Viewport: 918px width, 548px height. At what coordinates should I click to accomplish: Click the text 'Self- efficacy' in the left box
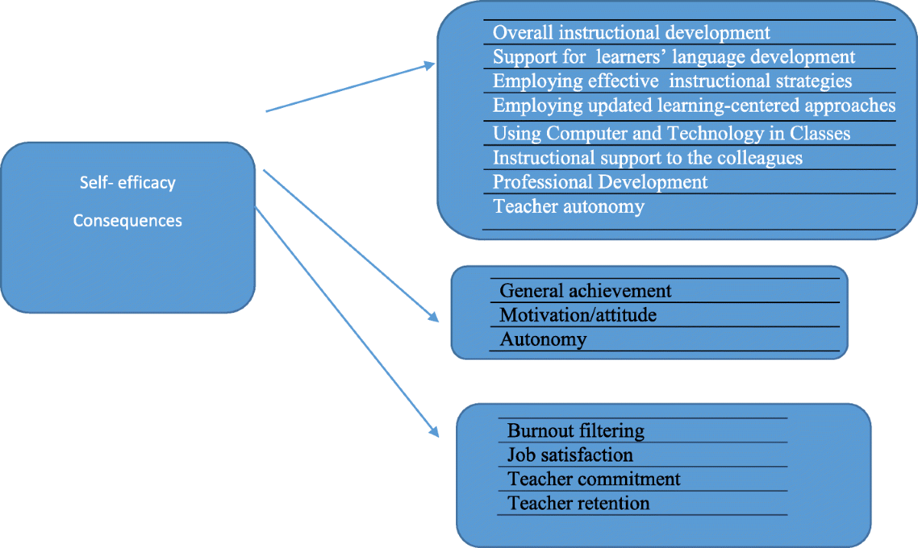(x=128, y=184)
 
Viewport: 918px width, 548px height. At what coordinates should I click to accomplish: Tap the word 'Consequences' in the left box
(x=128, y=221)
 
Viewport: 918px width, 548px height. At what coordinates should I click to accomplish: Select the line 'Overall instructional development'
(x=631, y=33)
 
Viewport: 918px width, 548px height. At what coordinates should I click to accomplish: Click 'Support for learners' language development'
(x=674, y=57)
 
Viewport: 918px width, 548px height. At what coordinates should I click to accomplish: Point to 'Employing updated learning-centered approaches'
(x=694, y=105)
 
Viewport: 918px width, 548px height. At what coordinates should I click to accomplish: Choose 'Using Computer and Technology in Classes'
(x=672, y=133)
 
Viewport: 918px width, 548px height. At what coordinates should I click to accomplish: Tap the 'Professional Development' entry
(x=601, y=182)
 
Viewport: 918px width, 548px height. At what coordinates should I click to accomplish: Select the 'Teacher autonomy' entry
(x=568, y=206)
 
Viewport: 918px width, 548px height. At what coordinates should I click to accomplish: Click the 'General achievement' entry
(x=585, y=291)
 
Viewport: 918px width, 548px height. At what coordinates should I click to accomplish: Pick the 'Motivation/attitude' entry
(x=578, y=315)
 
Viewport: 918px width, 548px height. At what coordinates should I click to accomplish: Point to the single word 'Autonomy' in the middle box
(x=543, y=339)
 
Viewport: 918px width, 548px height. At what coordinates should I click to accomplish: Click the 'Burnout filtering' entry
(x=576, y=431)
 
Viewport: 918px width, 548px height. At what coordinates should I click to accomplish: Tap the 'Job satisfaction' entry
(x=570, y=455)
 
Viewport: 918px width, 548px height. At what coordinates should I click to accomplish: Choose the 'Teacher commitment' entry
(x=594, y=479)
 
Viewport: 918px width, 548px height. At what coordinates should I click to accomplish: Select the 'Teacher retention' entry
(x=578, y=504)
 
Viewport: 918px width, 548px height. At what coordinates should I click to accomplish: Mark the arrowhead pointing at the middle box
(x=434, y=317)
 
